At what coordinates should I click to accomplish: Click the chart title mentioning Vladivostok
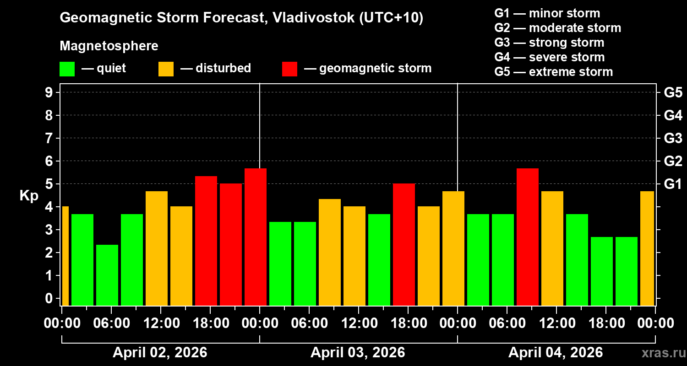[x=241, y=18]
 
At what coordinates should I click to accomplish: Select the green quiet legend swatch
[x=67, y=69]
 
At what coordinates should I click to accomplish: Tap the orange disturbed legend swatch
[x=166, y=69]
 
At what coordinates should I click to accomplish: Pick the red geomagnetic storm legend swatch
[x=289, y=69]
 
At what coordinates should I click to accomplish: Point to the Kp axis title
[x=28, y=196]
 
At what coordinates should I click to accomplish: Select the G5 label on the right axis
[x=673, y=92]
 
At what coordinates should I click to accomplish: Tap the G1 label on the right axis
[x=673, y=184]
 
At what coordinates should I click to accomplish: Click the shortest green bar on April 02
[x=107, y=274]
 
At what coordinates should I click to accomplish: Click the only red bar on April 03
[x=403, y=245]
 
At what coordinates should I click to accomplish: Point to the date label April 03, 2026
[x=358, y=353]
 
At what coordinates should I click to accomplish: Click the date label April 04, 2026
[x=556, y=353]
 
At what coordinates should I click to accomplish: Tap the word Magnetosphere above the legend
[x=109, y=46]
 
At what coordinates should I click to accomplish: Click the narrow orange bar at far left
[x=65, y=256]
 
